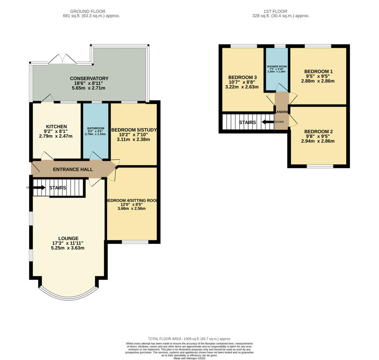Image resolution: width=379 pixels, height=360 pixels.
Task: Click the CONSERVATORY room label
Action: click(x=89, y=79)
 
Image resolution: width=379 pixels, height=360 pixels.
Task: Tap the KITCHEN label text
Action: click(x=56, y=127)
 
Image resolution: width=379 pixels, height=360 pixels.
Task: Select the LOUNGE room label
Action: click(x=68, y=238)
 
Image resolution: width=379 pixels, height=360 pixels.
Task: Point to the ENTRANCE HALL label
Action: click(x=73, y=170)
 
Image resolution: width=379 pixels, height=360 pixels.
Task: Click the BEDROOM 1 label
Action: click(x=318, y=71)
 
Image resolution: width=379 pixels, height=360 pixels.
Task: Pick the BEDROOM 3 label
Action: click(x=242, y=77)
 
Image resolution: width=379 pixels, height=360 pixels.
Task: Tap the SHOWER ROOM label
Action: click(x=277, y=66)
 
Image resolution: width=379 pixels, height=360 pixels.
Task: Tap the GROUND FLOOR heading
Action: click(x=88, y=11)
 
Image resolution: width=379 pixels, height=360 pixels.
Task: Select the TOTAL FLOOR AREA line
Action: click(x=189, y=339)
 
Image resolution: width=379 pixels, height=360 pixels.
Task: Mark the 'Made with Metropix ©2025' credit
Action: click(x=189, y=358)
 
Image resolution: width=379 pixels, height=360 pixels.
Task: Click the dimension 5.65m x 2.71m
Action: click(x=89, y=88)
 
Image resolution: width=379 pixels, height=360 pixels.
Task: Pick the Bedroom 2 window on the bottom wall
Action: click(x=320, y=166)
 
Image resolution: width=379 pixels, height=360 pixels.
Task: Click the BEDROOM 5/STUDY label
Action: click(x=134, y=130)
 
